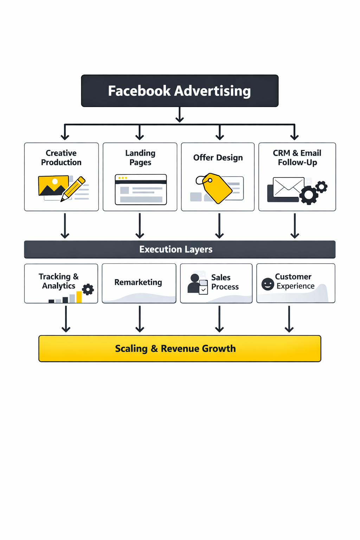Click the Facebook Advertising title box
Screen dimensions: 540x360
click(x=180, y=91)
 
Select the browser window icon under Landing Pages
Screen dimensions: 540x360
click(x=141, y=189)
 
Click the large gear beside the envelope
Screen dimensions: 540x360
click(x=309, y=195)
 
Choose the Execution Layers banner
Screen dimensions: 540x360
click(x=180, y=249)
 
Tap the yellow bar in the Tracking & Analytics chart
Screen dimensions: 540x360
click(x=79, y=297)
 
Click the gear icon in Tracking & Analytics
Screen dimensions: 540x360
click(x=88, y=289)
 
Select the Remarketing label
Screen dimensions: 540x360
click(x=138, y=282)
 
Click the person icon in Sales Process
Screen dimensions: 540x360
click(x=194, y=283)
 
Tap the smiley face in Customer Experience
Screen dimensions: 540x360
click(x=268, y=284)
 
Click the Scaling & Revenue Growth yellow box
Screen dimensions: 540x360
click(x=180, y=348)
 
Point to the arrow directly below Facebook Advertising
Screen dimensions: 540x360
click(x=180, y=115)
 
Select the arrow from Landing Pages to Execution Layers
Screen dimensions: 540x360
click(x=140, y=226)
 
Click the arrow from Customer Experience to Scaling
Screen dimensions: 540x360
click(x=289, y=319)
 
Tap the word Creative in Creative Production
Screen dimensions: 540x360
click(x=61, y=153)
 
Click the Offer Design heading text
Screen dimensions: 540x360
click(x=218, y=157)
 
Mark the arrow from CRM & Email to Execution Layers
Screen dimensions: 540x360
click(x=295, y=226)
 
